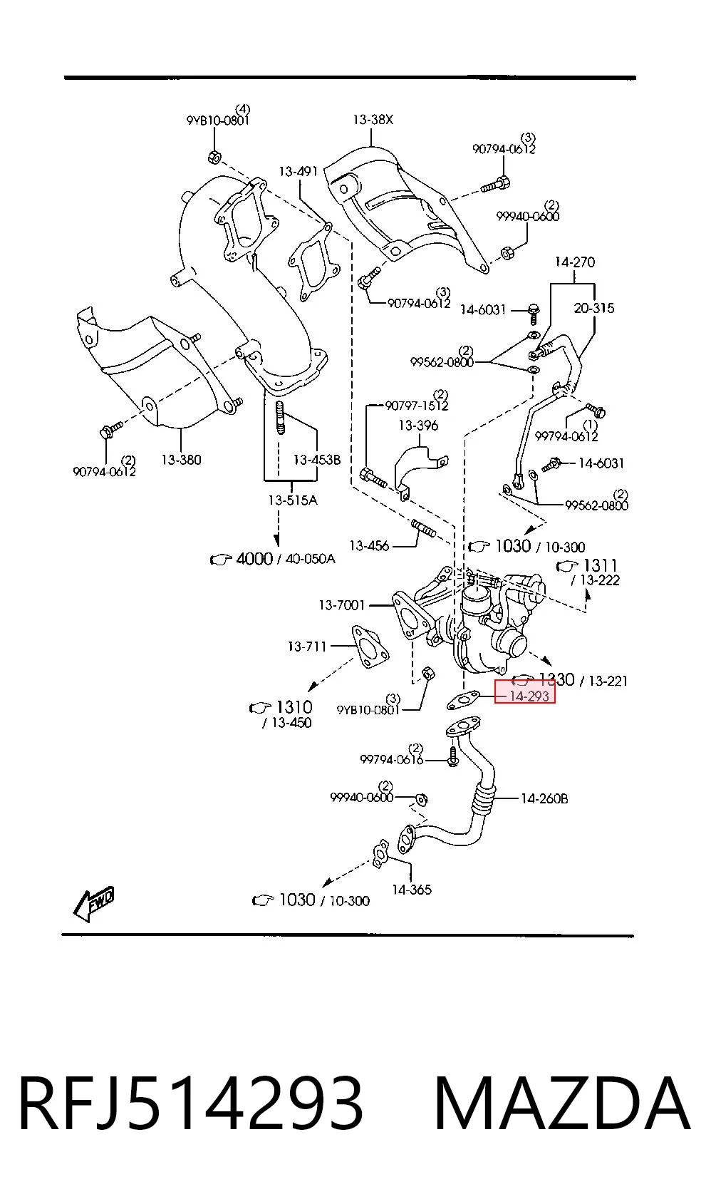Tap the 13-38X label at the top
click(373, 119)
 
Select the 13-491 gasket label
click(299, 171)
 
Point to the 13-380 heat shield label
click(182, 459)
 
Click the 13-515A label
click(293, 500)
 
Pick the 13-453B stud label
click(316, 459)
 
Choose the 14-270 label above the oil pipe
click(574, 262)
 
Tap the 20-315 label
click(594, 308)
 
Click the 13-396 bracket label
click(418, 426)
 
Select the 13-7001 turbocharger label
click(342, 605)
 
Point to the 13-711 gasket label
click(307, 646)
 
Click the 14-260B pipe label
click(544, 798)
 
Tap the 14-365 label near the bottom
click(412, 890)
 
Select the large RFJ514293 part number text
click(191, 1103)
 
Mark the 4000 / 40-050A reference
click(273, 559)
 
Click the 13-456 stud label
click(369, 545)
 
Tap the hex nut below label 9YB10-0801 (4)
click(214, 158)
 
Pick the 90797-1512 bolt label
click(417, 405)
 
